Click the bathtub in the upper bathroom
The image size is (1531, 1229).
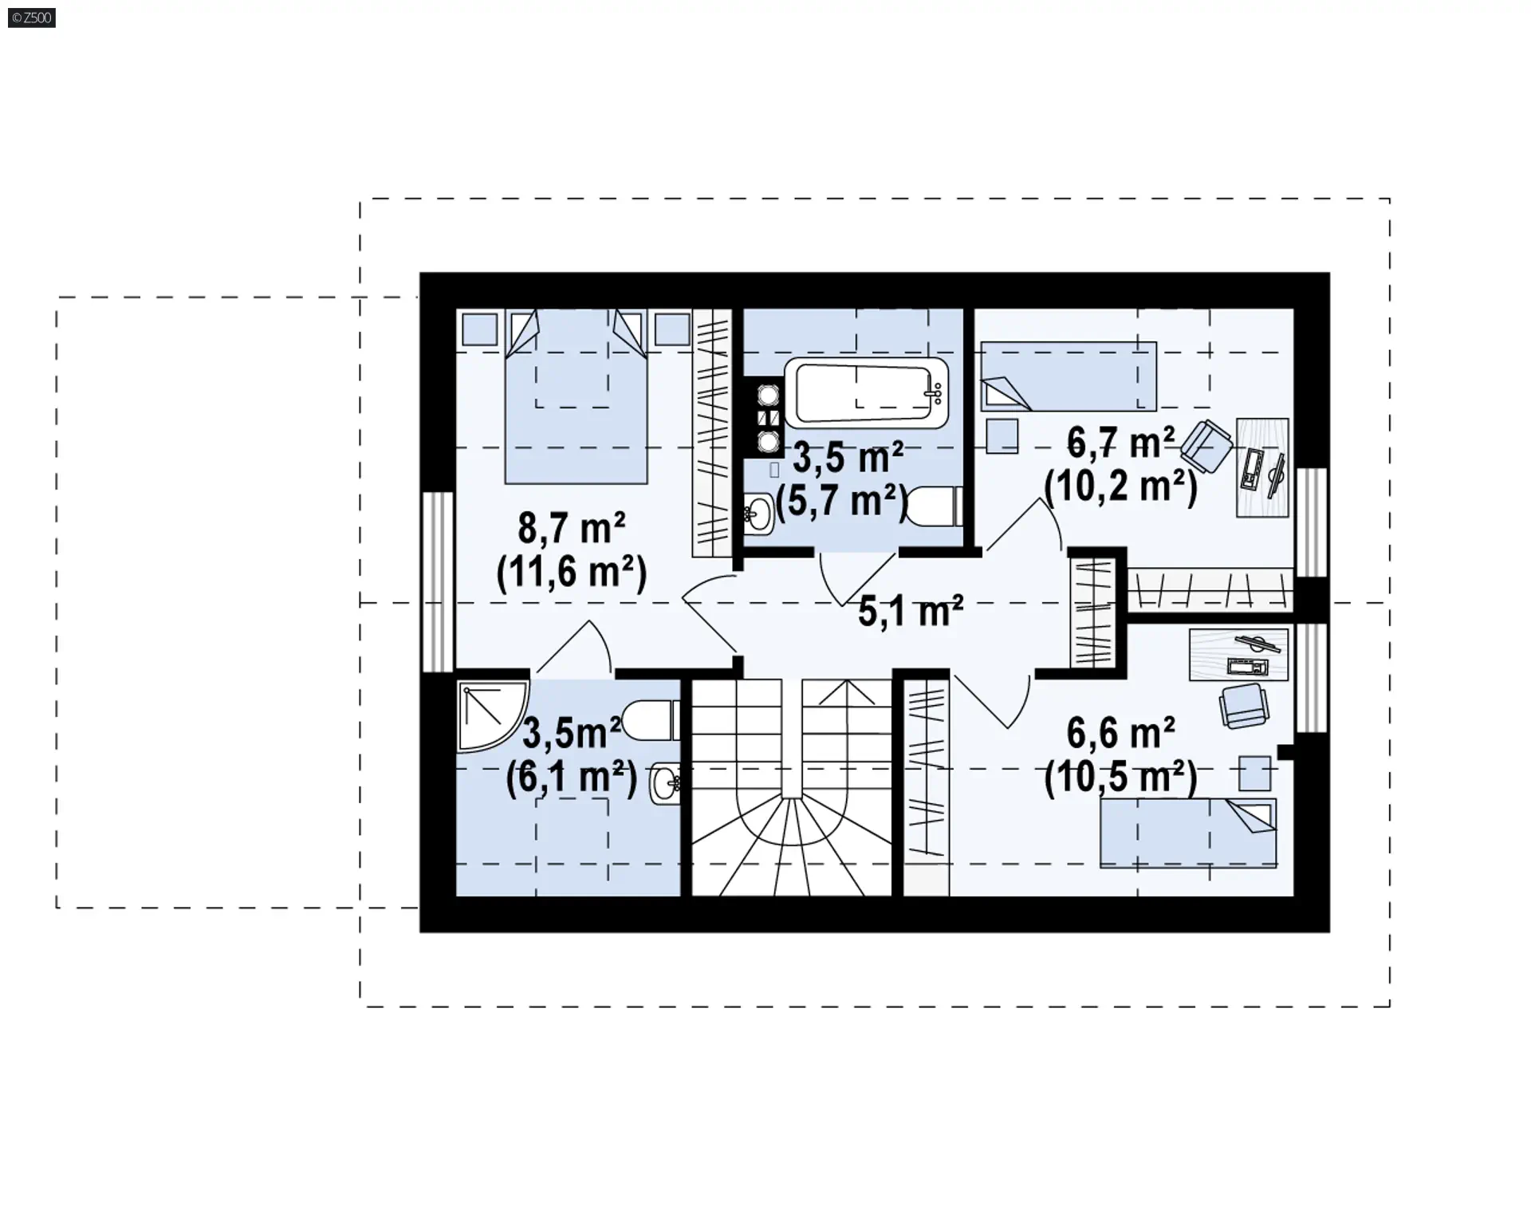pyautogui.click(x=867, y=392)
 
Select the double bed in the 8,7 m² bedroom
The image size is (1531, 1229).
pyautogui.click(x=576, y=397)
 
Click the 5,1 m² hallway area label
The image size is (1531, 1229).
pyautogui.click(x=911, y=611)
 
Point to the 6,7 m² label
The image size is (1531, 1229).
pyautogui.click(x=1120, y=443)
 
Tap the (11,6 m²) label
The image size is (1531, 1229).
pyautogui.click(x=572, y=571)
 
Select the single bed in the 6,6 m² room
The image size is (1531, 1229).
pyautogui.click(x=1188, y=833)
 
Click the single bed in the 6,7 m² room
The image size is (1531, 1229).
pyautogui.click(x=1069, y=376)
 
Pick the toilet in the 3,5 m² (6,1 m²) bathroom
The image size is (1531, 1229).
pyautogui.click(x=651, y=720)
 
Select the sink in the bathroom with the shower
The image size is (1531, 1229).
pyautogui.click(x=665, y=784)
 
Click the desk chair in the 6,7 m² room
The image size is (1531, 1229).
pyautogui.click(x=1206, y=447)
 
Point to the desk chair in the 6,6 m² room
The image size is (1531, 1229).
pyautogui.click(x=1244, y=705)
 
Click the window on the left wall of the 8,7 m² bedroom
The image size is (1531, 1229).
pyautogui.click(x=437, y=581)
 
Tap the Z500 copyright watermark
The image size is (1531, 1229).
pyautogui.click(x=32, y=18)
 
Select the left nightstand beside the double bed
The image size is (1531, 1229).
pyautogui.click(x=479, y=329)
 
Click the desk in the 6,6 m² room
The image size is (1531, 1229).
pyautogui.click(x=1238, y=654)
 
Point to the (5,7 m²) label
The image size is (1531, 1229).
pyautogui.click(x=841, y=502)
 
